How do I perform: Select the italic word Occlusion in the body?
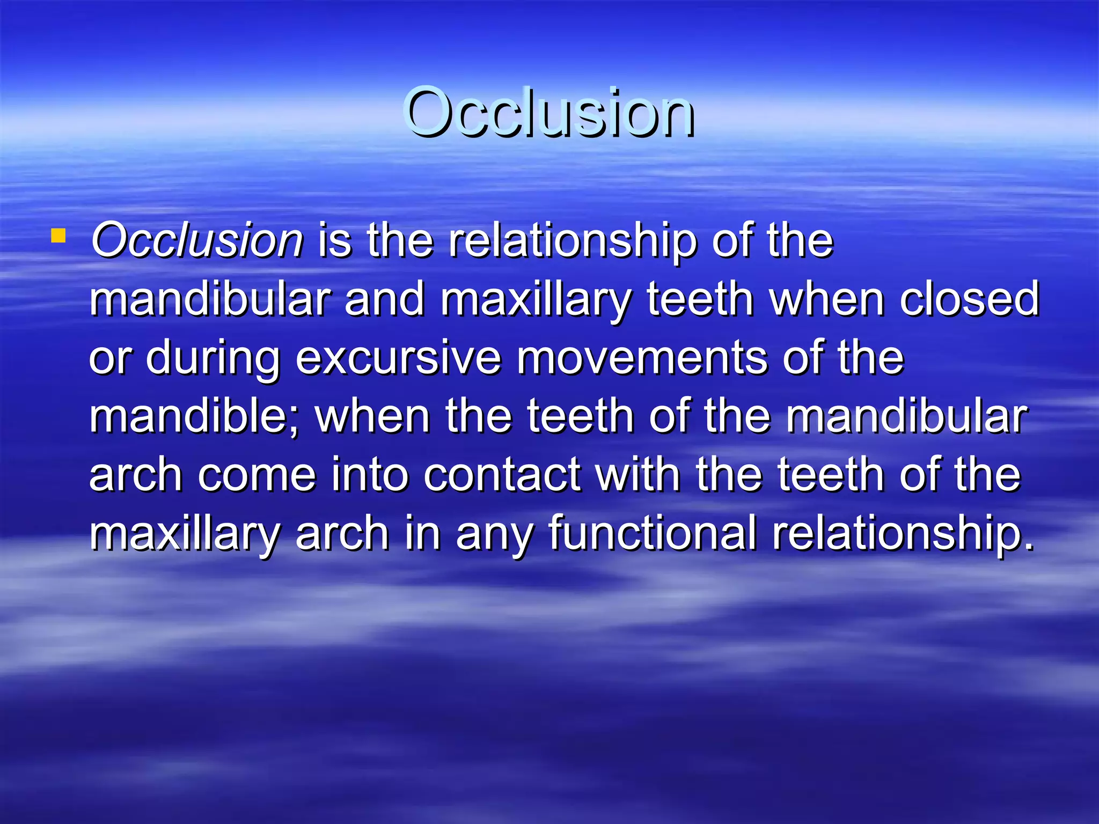click(x=197, y=241)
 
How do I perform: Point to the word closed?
click(x=970, y=299)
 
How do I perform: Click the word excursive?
click(x=398, y=358)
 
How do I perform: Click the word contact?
click(x=502, y=475)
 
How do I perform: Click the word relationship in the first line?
click(x=573, y=241)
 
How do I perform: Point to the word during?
click(x=213, y=358)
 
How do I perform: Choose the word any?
click(x=494, y=533)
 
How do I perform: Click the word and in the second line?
click(x=385, y=299)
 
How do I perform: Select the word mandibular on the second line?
click(x=210, y=299)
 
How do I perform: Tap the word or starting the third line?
click(x=109, y=358)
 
